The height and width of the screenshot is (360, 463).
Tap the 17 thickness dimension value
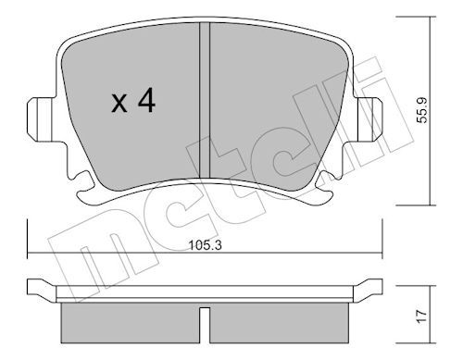tap(422, 315)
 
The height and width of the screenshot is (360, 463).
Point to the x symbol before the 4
tap(119, 105)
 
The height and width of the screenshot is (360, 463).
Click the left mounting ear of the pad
tap(39, 117)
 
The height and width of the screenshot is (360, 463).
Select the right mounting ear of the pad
tap(371, 117)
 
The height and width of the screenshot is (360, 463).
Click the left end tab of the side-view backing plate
tap(39, 286)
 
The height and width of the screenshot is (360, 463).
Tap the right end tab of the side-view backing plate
tap(372, 286)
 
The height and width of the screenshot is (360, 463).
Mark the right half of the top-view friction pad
tap(278, 102)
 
